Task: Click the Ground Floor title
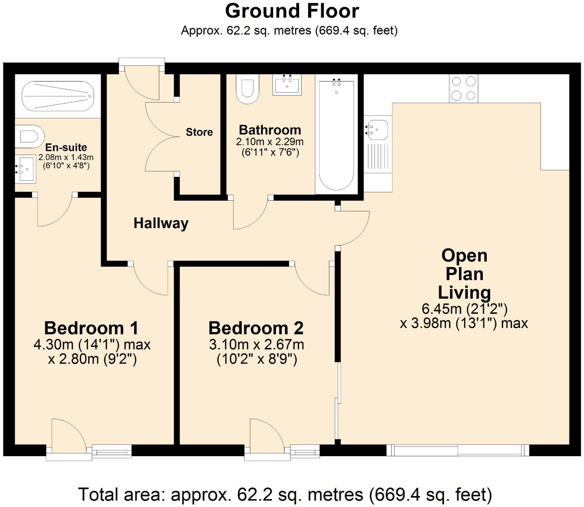(292, 11)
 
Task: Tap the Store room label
(199, 132)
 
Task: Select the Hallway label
(161, 223)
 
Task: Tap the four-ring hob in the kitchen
(464, 89)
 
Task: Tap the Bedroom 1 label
(91, 328)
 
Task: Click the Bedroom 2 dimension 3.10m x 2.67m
(256, 345)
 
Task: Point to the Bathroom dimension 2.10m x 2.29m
(270, 142)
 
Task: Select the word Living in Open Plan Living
(464, 293)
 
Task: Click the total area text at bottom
(285, 494)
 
